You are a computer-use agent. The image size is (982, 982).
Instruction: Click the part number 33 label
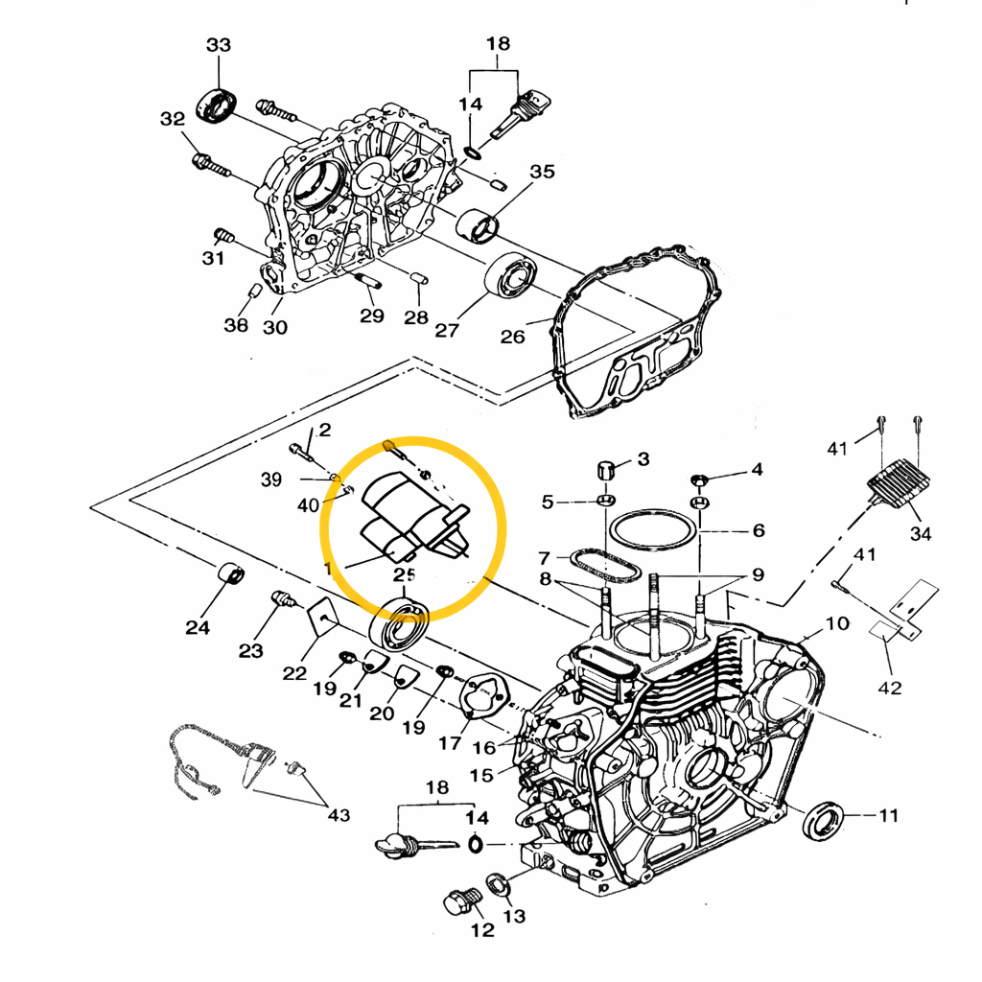(219, 45)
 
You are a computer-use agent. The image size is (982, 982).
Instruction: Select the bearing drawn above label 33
(218, 104)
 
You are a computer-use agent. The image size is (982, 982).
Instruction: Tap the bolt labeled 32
(210, 164)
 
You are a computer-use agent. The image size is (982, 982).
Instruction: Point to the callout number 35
(542, 172)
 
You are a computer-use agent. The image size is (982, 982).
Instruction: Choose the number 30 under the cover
(274, 327)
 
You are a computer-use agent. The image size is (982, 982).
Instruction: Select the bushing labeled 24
(231, 573)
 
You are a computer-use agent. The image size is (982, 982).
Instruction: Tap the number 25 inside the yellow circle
(404, 575)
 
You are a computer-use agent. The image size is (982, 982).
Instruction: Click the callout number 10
(836, 623)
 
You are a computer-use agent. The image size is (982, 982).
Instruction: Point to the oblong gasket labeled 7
(605, 564)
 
